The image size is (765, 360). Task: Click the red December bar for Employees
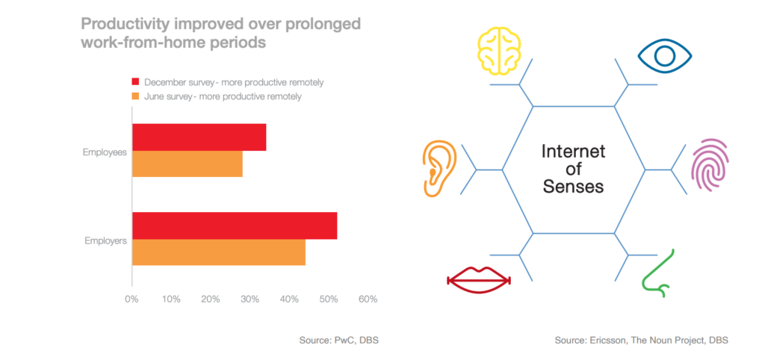click(199, 137)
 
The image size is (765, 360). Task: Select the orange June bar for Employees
click(188, 164)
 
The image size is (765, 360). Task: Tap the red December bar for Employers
click(235, 226)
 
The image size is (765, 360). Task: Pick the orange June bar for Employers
click(219, 252)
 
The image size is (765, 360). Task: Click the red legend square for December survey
click(136, 82)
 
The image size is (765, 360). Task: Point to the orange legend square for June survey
click(136, 96)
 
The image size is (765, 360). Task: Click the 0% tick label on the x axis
click(131, 300)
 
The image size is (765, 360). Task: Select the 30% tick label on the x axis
click(250, 300)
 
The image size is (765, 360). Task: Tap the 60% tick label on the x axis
click(368, 300)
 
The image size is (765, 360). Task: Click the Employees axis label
click(105, 152)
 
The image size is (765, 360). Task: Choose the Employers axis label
click(105, 240)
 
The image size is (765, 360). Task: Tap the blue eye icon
click(664, 56)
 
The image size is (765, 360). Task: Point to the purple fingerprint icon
click(710, 165)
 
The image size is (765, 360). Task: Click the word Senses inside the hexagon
click(573, 187)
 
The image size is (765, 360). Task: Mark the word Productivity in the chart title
click(120, 25)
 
